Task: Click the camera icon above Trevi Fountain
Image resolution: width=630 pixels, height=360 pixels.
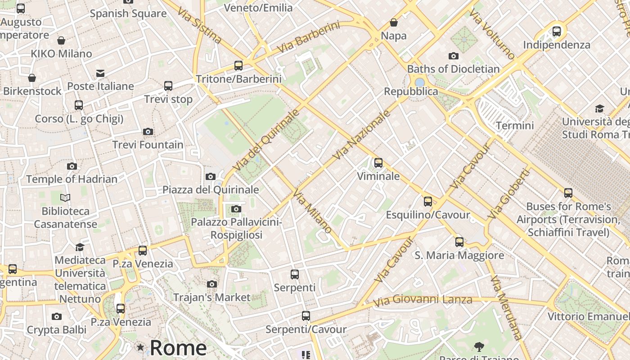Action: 148,131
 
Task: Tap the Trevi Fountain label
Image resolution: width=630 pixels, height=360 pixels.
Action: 148,145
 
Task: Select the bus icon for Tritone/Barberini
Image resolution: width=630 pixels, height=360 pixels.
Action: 238,66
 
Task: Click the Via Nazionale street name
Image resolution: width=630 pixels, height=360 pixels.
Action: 362,135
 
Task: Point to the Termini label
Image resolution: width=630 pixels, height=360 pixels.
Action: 515,126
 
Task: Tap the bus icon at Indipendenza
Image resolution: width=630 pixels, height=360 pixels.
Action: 557,31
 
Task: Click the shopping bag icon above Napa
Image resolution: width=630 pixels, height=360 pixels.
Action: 394,22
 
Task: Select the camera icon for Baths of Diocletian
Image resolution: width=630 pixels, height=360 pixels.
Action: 454,56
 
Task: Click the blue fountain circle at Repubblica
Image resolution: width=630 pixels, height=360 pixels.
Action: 420,82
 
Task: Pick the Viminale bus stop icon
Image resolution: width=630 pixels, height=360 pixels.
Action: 378,163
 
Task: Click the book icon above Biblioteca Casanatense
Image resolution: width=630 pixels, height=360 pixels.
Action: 65,198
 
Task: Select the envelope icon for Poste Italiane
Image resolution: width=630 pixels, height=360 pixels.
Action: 100,73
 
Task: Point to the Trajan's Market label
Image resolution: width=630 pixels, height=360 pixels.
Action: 211,297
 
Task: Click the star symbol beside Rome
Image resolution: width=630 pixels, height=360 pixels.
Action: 140,347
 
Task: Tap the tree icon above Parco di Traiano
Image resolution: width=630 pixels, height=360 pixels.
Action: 479,346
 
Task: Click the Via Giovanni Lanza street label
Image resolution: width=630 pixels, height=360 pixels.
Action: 423,300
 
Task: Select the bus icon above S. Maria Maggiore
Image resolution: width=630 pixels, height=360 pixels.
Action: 459,242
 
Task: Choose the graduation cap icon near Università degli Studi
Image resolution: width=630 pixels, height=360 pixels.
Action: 599,108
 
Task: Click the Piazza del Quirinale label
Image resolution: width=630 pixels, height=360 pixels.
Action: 211,189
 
